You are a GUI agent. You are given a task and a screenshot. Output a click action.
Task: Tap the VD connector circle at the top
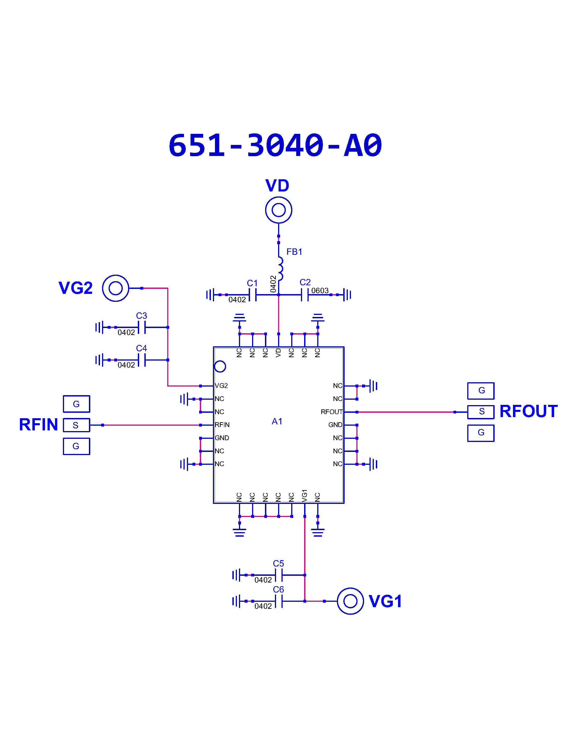(x=279, y=210)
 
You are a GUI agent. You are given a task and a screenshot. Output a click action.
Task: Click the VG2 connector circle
(x=116, y=288)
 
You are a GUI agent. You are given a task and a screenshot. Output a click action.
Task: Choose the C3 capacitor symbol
(x=141, y=327)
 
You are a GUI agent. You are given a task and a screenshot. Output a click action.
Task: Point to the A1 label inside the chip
(x=277, y=422)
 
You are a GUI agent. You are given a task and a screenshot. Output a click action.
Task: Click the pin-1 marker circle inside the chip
(x=220, y=366)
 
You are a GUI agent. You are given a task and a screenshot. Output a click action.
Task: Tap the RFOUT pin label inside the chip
(x=331, y=412)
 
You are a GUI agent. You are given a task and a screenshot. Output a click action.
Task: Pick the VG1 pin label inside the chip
(x=305, y=496)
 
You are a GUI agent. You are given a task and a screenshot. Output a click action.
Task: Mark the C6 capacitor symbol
(x=279, y=601)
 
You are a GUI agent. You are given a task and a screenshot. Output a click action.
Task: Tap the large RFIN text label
(x=38, y=425)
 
